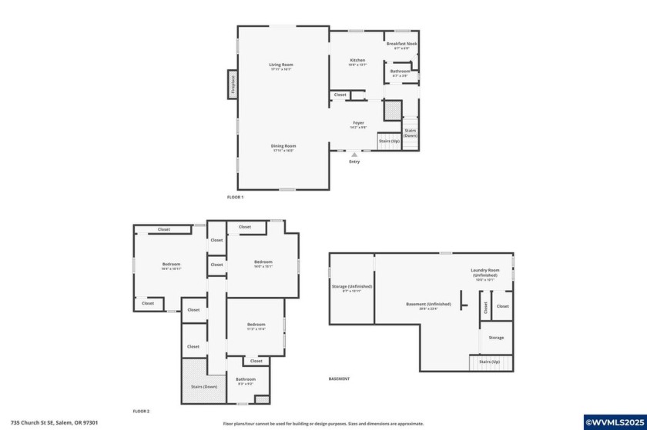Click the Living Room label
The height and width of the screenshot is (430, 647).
281,66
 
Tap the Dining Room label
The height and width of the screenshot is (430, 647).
283,148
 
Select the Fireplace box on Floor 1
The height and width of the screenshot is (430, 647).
232,84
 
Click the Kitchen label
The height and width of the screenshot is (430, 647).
357,62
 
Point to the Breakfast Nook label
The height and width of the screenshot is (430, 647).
401,45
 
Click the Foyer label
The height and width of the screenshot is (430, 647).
358,124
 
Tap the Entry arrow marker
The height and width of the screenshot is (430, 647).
354,155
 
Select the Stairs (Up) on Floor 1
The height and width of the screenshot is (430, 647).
389,142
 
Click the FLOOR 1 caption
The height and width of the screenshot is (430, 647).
235,198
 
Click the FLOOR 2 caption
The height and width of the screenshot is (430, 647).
141,412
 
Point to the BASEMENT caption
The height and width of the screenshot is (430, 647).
339,378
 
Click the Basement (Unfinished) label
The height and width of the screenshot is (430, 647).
421,305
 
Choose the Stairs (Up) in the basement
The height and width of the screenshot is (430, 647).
490,362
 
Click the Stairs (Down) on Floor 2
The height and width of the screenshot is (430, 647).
204,386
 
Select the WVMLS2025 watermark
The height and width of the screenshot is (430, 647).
615,422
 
